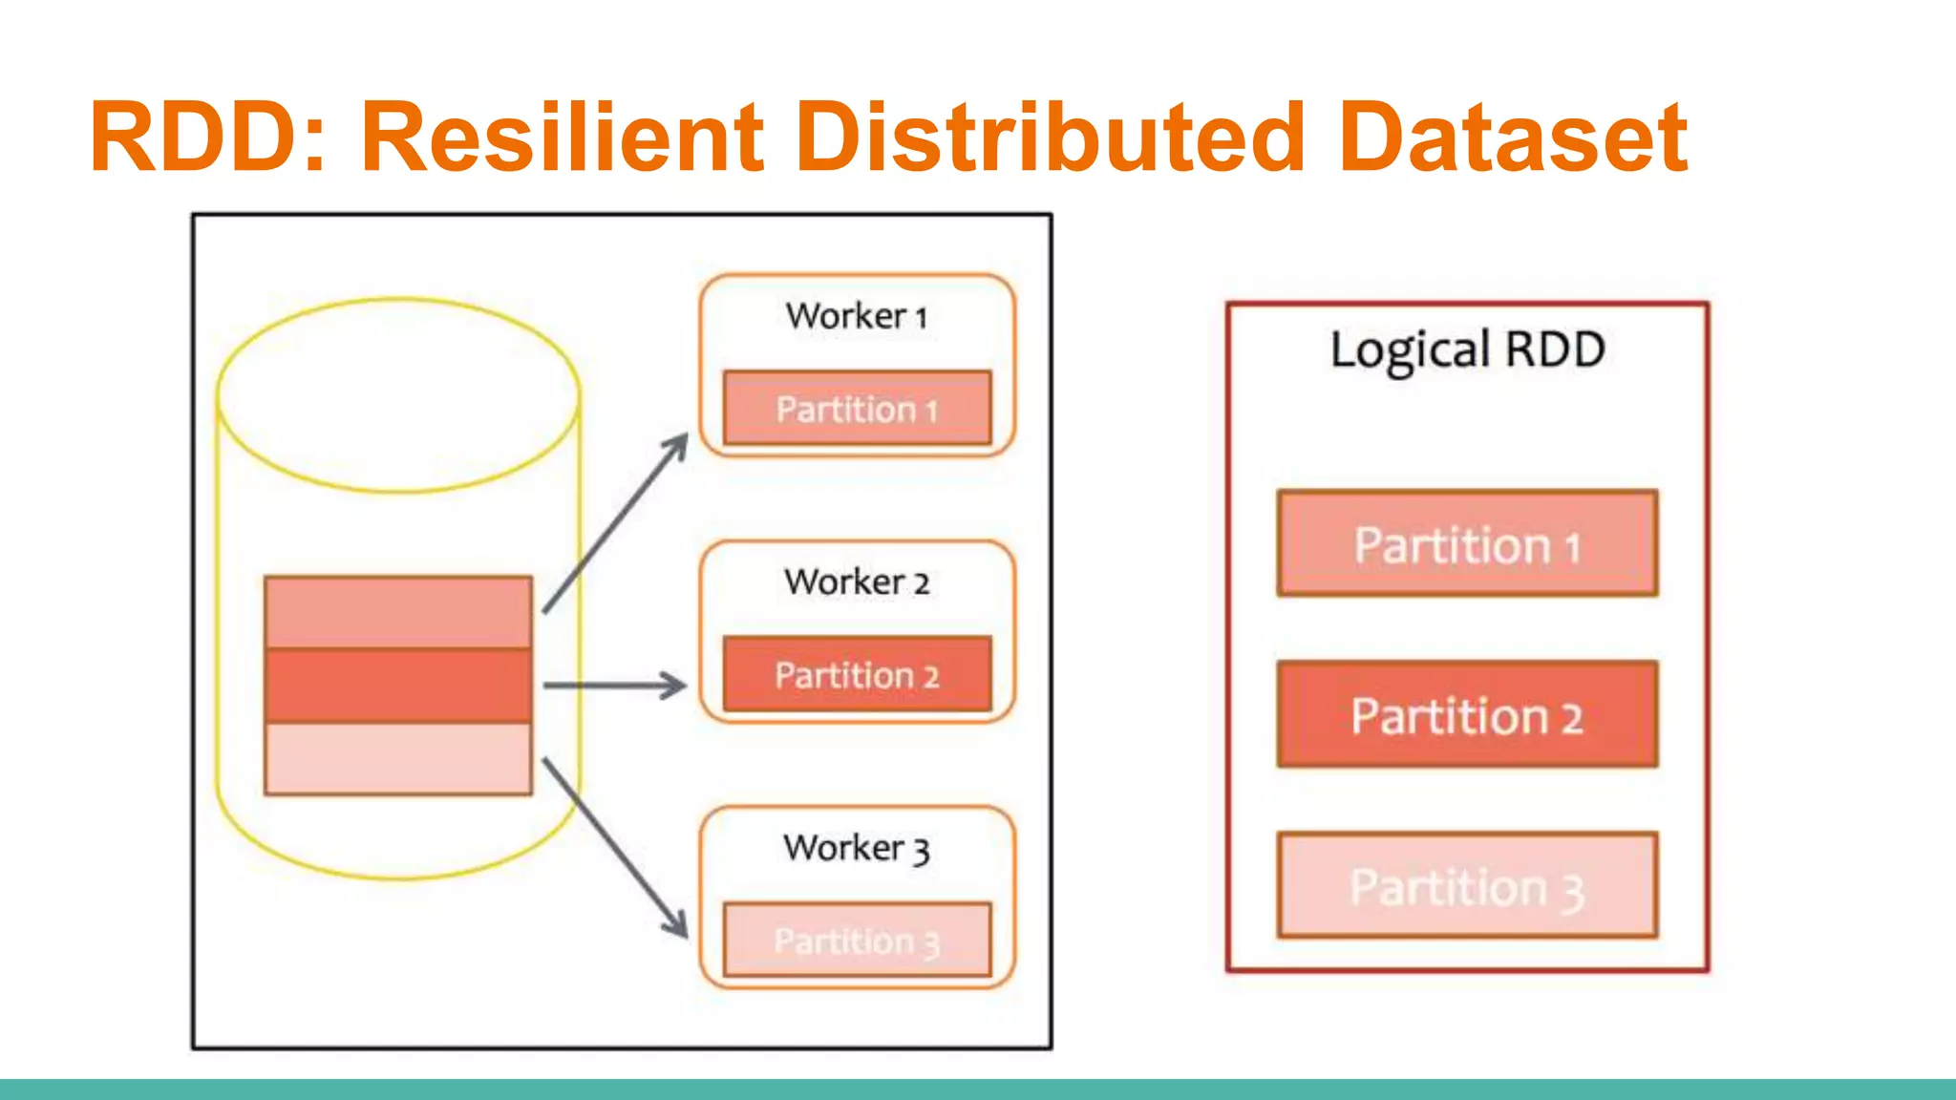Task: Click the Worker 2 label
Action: (857, 582)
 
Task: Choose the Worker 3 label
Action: (857, 848)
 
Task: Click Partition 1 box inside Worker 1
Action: (857, 409)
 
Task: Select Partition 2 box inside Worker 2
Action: (857, 674)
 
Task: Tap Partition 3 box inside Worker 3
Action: (857, 940)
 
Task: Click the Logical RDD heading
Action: (1467, 349)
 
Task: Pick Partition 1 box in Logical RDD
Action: (1467, 544)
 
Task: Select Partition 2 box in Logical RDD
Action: (1467, 715)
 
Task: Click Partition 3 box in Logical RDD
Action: (1467, 886)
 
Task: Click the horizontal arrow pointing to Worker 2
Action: (614, 685)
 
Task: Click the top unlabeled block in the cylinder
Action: (398, 612)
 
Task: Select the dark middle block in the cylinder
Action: (398, 686)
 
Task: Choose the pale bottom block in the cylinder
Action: (398, 758)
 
